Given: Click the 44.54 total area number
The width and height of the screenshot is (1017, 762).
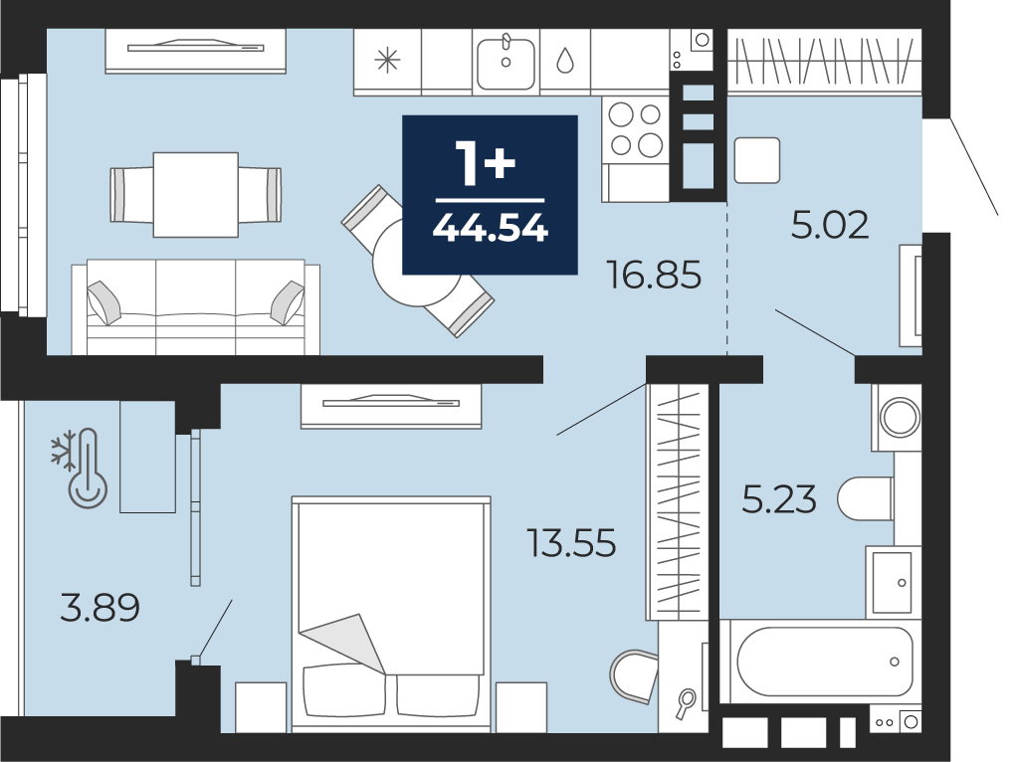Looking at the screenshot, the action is tap(491, 228).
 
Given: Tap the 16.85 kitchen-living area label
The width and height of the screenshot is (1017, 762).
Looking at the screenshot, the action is tap(654, 275).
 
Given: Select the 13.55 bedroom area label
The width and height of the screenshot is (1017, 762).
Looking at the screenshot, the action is tap(571, 543).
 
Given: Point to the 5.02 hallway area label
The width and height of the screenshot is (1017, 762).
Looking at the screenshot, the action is tap(830, 225).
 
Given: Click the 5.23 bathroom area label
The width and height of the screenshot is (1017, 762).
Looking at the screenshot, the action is tap(779, 500).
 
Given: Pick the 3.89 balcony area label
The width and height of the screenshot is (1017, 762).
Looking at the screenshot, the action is tap(100, 608).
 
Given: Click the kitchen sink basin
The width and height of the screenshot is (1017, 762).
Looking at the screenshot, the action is tap(506, 64).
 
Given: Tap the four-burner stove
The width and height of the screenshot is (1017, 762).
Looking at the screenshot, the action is tap(636, 129).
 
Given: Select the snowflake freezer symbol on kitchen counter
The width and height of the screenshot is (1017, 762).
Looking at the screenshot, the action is tap(387, 61).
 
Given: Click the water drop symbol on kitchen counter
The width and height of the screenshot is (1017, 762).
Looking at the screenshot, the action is tap(565, 61).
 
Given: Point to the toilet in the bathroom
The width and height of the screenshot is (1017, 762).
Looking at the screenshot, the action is tap(865, 498).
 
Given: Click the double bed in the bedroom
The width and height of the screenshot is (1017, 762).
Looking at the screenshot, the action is tap(391, 615).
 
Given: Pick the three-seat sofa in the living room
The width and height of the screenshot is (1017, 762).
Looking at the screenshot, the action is tap(195, 306).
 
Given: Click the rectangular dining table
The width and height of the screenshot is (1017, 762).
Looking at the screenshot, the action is tap(195, 195).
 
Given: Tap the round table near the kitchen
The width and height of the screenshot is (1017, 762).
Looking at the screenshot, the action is tap(418, 263).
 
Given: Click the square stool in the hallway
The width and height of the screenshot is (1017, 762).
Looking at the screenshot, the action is tap(757, 160).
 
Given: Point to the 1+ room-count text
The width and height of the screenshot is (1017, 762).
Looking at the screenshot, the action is tap(486, 162).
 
